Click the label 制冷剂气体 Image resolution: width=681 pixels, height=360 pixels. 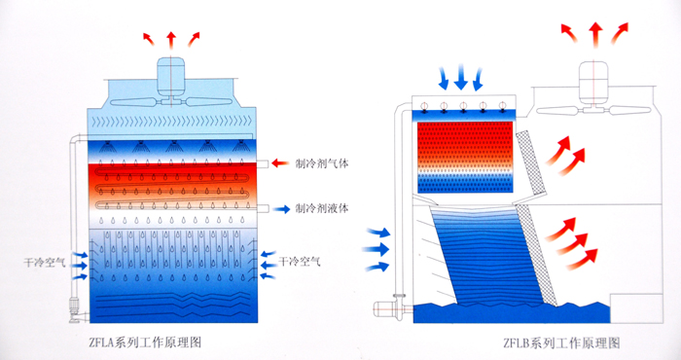click(x=321, y=163)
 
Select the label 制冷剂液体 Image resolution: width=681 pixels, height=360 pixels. click(x=321, y=208)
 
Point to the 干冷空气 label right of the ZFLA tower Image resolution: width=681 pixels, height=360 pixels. click(x=299, y=262)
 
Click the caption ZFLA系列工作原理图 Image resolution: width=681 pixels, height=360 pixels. click(x=145, y=342)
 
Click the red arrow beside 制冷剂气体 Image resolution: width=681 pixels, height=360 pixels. click(x=281, y=163)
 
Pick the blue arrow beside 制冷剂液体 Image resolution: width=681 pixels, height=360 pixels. click(x=281, y=208)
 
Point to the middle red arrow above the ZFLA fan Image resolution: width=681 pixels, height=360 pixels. click(x=171, y=38)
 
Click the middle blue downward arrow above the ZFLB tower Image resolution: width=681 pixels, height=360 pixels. click(x=462, y=77)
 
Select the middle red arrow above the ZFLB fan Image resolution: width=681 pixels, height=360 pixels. click(x=592, y=33)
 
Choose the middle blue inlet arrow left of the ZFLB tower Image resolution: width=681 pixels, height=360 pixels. click(x=377, y=250)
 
